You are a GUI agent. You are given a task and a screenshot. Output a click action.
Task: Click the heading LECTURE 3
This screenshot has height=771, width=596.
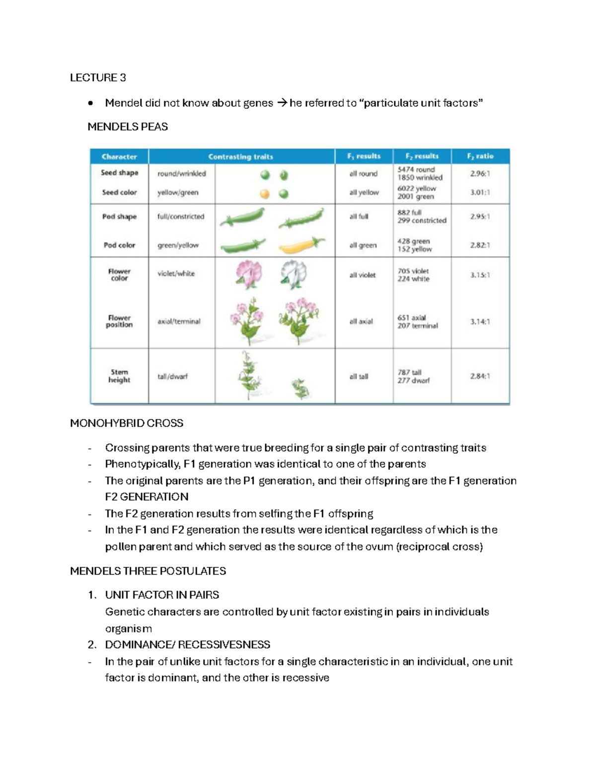98,77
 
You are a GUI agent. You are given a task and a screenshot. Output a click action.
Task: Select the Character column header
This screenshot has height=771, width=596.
119,156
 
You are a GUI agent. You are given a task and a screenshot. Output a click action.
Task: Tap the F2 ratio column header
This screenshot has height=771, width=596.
480,156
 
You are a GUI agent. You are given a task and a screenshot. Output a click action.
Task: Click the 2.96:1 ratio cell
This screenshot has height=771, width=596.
480,174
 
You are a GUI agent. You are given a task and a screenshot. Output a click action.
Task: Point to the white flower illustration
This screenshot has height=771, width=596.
294,274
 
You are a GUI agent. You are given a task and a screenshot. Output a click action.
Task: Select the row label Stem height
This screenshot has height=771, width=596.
119,376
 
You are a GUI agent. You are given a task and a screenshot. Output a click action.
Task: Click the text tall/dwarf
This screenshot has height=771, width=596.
172,376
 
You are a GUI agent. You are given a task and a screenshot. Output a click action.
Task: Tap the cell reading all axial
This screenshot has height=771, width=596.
361,321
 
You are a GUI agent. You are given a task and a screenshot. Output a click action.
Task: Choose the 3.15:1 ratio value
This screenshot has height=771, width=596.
480,275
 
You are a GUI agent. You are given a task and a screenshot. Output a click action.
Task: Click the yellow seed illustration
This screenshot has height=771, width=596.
265,194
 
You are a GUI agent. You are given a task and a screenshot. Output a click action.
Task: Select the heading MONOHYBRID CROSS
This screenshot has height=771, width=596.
127,423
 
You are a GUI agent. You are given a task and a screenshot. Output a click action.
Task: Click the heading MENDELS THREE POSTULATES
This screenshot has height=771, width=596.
148,571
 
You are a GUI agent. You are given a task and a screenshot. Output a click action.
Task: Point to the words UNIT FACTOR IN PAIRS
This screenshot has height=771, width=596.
162,595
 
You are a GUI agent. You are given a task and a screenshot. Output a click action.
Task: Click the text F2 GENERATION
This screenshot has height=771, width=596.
147,497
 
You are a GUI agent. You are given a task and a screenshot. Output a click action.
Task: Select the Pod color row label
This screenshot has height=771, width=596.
119,245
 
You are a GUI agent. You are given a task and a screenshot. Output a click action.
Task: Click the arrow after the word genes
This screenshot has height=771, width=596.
282,103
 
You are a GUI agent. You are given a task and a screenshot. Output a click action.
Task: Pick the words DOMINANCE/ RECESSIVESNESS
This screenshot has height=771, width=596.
187,644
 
